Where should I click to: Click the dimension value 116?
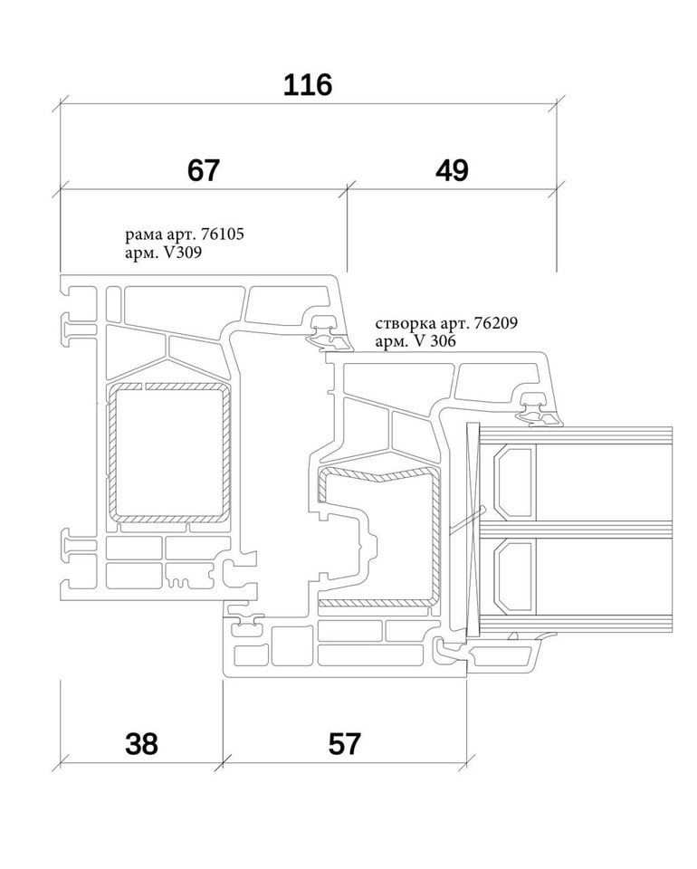[x=308, y=85]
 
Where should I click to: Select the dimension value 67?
[x=204, y=170]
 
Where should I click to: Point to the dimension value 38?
[x=141, y=744]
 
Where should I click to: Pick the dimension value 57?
[x=344, y=744]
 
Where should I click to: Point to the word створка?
[x=403, y=323]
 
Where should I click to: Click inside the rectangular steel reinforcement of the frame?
[x=169, y=453]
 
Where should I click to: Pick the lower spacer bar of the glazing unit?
[x=512, y=574]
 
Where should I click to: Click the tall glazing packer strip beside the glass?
[x=470, y=530]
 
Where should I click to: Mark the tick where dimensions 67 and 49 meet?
[x=348, y=189]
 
